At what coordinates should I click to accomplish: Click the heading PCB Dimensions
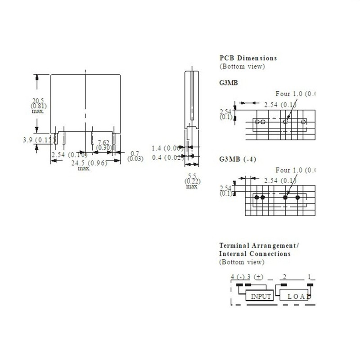248,58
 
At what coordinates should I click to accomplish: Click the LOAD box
297,297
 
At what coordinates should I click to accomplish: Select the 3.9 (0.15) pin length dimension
36,140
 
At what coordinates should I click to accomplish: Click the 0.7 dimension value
134,153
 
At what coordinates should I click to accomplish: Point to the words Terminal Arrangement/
259,246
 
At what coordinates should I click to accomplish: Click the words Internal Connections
254,254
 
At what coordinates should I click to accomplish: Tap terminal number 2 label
284,276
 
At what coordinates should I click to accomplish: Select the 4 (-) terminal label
237,276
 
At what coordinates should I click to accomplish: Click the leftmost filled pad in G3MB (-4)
257,197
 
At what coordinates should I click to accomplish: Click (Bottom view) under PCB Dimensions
242,66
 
